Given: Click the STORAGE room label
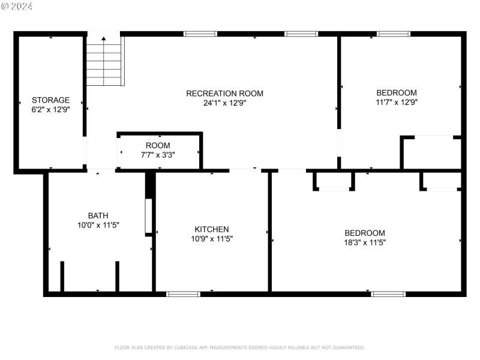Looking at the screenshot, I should [x=51, y=100].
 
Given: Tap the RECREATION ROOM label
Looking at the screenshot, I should [x=224, y=94].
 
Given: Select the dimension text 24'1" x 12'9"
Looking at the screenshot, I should [x=224, y=103].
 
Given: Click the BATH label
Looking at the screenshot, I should [x=98, y=215].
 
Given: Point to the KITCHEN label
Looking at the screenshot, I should [x=211, y=229].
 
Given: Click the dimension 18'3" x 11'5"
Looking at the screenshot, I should [x=365, y=242].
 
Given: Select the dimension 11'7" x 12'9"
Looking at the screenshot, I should [x=396, y=102].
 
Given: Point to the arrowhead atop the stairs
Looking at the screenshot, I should [x=104, y=39].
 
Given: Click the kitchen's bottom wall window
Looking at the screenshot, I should [x=183, y=294].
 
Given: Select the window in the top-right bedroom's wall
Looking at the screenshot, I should [x=394, y=34].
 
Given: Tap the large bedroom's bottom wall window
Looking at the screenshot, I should [x=388, y=294].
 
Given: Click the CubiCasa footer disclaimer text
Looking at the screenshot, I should [x=239, y=347].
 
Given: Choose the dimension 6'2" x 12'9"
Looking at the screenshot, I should [x=51, y=109].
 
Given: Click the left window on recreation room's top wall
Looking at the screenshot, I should [x=200, y=34].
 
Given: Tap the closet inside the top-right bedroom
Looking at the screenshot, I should [x=431, y=154].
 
